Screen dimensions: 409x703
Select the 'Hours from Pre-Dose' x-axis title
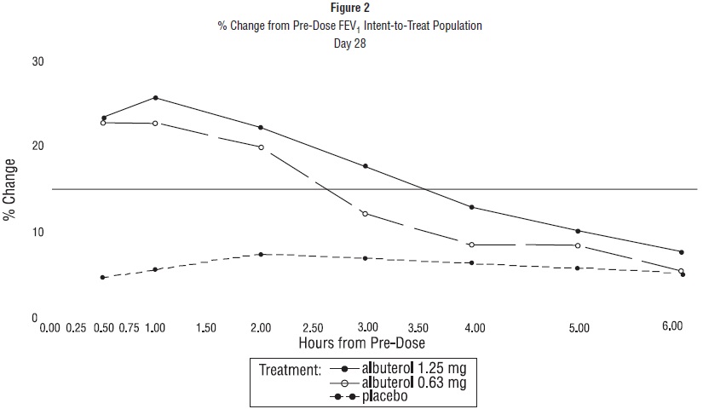[x=362, y=343]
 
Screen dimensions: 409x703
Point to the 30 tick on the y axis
[x=37, y=62]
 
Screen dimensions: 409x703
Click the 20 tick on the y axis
[x=37, y=147]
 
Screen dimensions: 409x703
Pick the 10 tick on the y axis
[x=37, y=233]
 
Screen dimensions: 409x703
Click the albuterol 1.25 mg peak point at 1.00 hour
[x=155, y=98]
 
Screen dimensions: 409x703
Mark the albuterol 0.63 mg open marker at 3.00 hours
[x=366, y=214]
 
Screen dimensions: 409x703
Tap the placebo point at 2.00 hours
[x=261, y=254]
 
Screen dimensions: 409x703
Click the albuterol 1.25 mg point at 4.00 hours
[x=471, y=207]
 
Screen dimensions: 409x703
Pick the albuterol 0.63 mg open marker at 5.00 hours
[x=578, y=245]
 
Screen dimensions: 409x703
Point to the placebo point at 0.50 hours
[x=102, y=278]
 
